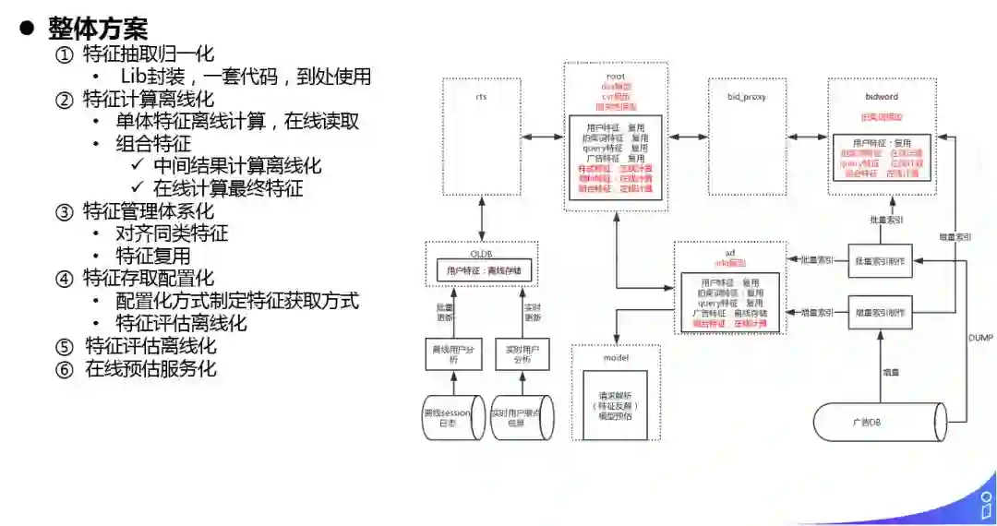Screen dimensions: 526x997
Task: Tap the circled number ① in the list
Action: click(x=64, y=54)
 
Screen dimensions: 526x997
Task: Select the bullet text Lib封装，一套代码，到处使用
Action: click(x=245, y=77)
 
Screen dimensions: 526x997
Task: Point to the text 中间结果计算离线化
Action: click(x=237, y=166)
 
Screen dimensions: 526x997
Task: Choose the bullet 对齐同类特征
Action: click(x=172, y=233)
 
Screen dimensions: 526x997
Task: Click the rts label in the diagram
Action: click(x=481, y=96)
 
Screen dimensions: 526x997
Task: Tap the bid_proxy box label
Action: click(x=747, y=96)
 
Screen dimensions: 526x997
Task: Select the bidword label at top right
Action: click(x=881, y=96)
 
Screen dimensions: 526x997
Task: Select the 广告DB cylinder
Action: click(x=882, y=422)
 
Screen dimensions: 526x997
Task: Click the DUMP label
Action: click(x=980, y=339)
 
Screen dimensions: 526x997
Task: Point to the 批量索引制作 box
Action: click(x=881, y=262)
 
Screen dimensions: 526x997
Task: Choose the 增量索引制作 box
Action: click(x=881, y=312)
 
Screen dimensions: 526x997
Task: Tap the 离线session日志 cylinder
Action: click(x=447, y=417)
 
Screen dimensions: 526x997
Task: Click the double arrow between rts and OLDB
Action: click(x=482, y=219)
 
